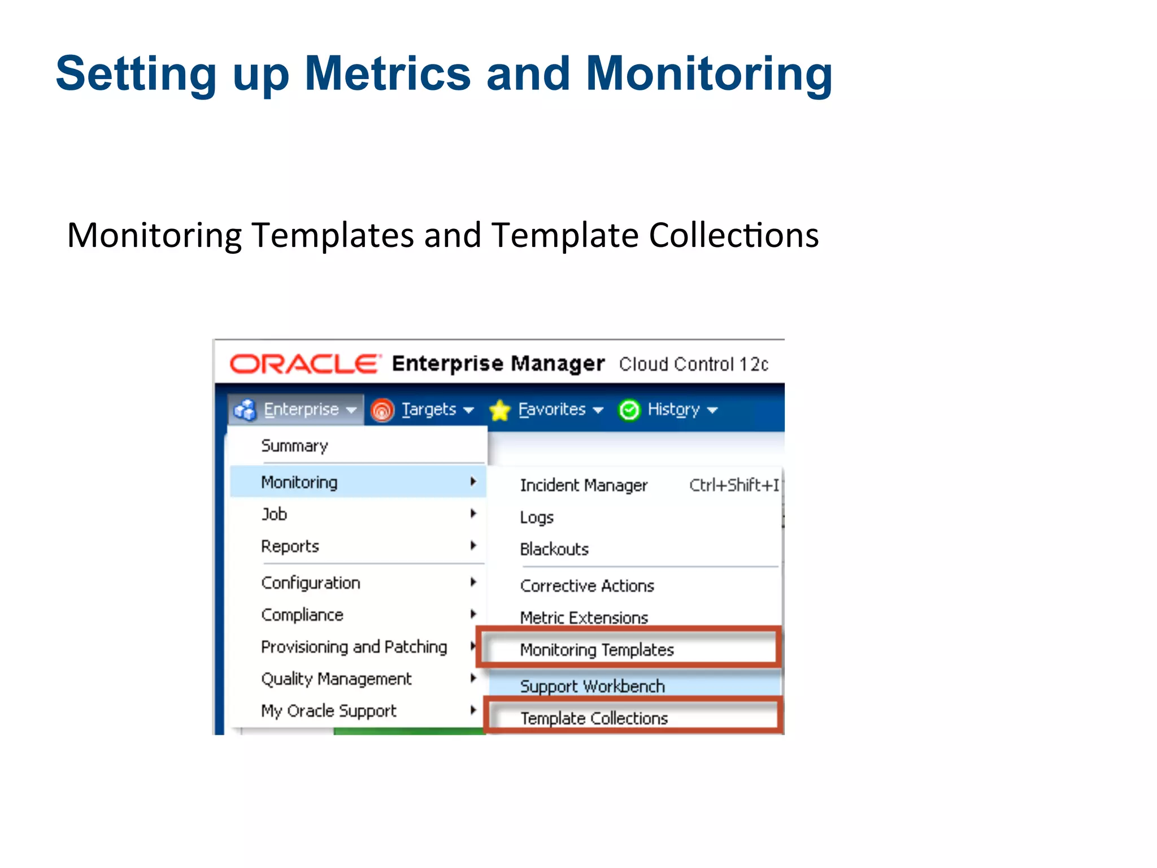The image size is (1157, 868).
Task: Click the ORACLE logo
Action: pyautogui.click(x=303, y=364)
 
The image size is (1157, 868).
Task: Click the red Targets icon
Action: pyautogui.click(x=382, y=410)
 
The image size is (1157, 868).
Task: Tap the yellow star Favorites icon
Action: pyautogui.click(x=500, y=410)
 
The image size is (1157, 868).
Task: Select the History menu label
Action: pyautogui.click(x=673, y=409)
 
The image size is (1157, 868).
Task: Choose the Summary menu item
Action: pyautogui.click(x=294, y=446)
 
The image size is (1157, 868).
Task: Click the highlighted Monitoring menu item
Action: pyautogui.click(x=299, y=482)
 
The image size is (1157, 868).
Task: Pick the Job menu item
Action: pyautogui.click(x=275, y=514)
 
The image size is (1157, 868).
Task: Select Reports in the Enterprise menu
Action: pyautogui.click(x=290, y=546)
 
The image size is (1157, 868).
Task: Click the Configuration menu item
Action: pyautogui.click(x=311, y=583)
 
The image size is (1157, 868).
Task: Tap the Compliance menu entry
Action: pyautogui.click(x=302, y=615)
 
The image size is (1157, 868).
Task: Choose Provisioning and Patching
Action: pyautogui.click(x=354, y=646)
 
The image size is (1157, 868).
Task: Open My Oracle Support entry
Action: pyautogui.click(x=329, y=711)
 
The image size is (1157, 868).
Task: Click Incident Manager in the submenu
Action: pyautogui.click(x=584, y=485)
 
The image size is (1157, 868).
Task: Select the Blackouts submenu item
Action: pyautogui.click(x=554, y=549)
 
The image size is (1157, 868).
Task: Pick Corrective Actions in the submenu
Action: pyautogui.click(x=587, y=586)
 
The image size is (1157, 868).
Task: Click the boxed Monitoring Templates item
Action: pyautogui.click(x=597, y=650)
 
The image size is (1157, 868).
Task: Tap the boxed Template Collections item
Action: pyautogui.click(x=594, y=718)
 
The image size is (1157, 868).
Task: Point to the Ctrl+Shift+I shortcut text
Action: pyautogui.click(x=734, y=485)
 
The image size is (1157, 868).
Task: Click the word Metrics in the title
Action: pyautogui.click(x=388, y=73)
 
